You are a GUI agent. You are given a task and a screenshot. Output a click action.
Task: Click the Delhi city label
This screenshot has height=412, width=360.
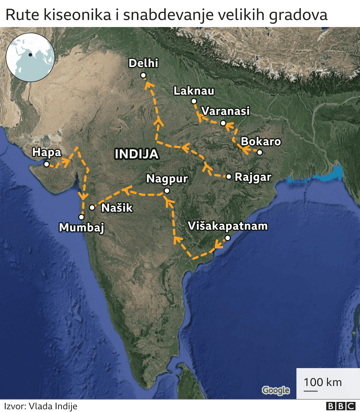[143, 63]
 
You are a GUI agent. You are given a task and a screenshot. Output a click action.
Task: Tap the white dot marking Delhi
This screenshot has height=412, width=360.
[143, 75]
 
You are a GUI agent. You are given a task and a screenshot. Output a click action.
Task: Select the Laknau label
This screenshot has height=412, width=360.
[194, 91]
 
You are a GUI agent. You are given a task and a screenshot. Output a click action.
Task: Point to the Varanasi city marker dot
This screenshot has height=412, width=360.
[223, 123]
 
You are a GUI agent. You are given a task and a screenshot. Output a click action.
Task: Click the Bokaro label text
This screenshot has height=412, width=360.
[261, 141]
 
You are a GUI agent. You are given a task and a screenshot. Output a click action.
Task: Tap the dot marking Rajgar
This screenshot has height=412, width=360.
[229, 177]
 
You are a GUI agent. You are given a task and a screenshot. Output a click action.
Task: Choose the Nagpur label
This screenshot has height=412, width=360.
[167, 179]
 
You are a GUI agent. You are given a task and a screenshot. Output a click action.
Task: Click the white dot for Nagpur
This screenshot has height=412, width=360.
[167, 191]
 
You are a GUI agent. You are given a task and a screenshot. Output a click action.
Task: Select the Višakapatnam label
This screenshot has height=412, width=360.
[228, 226]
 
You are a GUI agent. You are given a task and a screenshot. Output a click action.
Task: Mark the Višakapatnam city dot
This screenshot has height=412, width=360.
[228, 238]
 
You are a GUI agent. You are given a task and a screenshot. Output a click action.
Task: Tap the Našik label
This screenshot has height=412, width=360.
[117, 208]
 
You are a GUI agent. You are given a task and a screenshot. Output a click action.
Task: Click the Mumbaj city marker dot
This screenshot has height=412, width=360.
[82, 217]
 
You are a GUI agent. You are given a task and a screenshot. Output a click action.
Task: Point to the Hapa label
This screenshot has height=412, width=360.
[47, 152]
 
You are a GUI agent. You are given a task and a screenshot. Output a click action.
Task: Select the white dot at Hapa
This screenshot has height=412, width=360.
[47, 164]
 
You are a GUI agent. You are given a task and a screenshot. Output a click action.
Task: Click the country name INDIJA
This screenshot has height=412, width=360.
[137, 154]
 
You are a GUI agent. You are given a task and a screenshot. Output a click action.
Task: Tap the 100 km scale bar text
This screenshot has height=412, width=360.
[323, 382]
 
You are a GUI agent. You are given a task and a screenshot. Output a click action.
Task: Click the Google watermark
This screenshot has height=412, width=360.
[276, 390]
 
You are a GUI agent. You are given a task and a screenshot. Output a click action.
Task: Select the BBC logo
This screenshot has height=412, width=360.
[341, 406]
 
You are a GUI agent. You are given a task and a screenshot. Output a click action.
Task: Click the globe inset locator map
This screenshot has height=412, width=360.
[30, 57]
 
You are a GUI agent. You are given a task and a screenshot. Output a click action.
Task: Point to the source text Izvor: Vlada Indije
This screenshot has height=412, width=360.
[41, 406]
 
